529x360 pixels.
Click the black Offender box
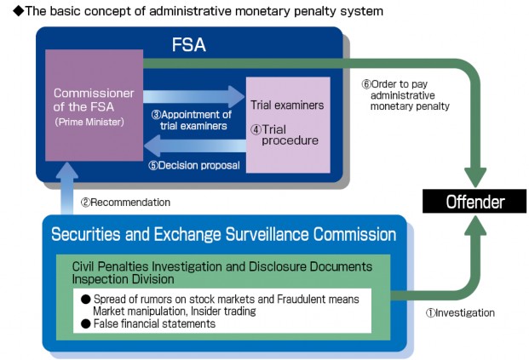pyautogui.click(x=475, y=202)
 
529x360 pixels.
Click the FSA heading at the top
pyautogui.click(x=189, y=45)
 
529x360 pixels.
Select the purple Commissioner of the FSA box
pyautogui.click(x=93, y=106)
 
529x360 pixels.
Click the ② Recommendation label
pyautogui.click(x=125, y=203)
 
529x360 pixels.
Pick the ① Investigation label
pyautogui.click(x=460, y=312)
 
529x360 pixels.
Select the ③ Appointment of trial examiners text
pyautogui.click(x=191, y=120)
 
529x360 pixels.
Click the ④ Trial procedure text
pyautogui.click(x=285, y=134)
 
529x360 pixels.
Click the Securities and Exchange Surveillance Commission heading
pyautogui.click(x=224, y=234)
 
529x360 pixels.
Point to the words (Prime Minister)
pyautogui.click(x=90, y=122)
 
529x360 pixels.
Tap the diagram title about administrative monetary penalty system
pyautogui.click(x=192, y=11)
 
